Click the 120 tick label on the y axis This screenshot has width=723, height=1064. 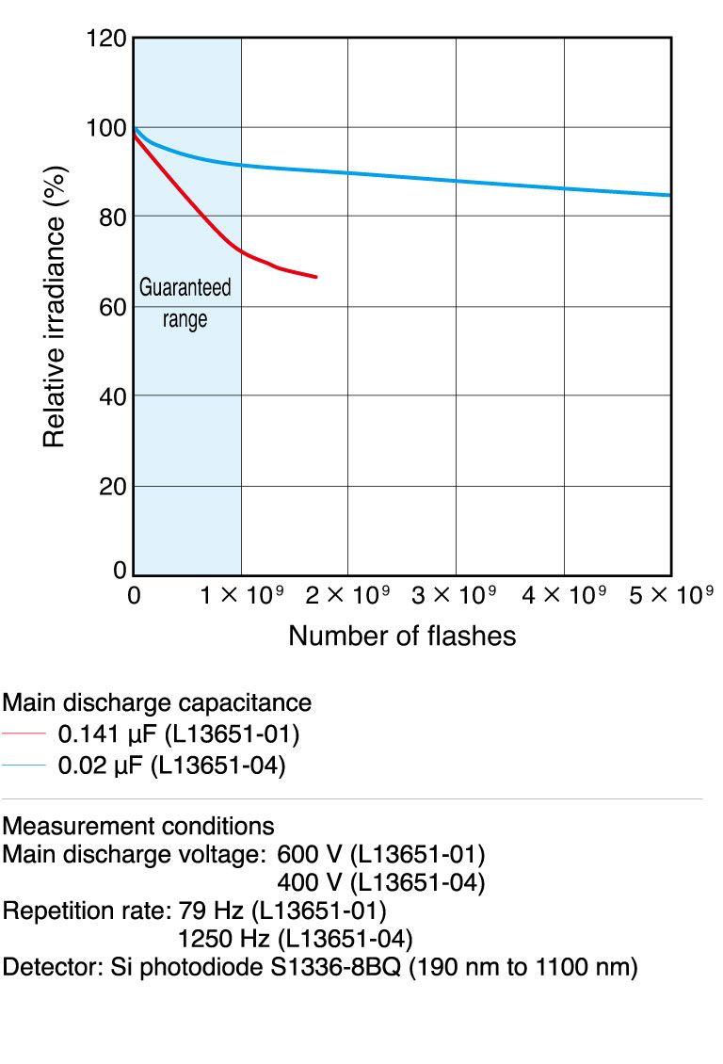pos(105,39)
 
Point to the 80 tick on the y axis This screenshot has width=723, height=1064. pos(111,217)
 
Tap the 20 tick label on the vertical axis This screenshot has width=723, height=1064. pos(111,486)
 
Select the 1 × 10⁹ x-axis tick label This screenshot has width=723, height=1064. pos(240,596)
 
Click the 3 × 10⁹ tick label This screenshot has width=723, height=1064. pos(456,596)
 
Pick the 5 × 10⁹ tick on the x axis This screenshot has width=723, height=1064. pos(670,596)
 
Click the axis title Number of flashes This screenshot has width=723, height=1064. pos(402,637)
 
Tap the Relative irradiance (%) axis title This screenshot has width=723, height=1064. pos(55,306)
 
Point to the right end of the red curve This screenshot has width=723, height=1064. pos(316,278)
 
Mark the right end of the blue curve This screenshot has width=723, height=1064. pos(670,195)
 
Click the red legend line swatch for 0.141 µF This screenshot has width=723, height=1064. pos(24,733)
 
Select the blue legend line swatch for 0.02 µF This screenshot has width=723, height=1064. pos(24,766)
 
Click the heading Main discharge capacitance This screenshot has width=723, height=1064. pos(157,702)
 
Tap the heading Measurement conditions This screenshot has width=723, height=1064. pos(138,827)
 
